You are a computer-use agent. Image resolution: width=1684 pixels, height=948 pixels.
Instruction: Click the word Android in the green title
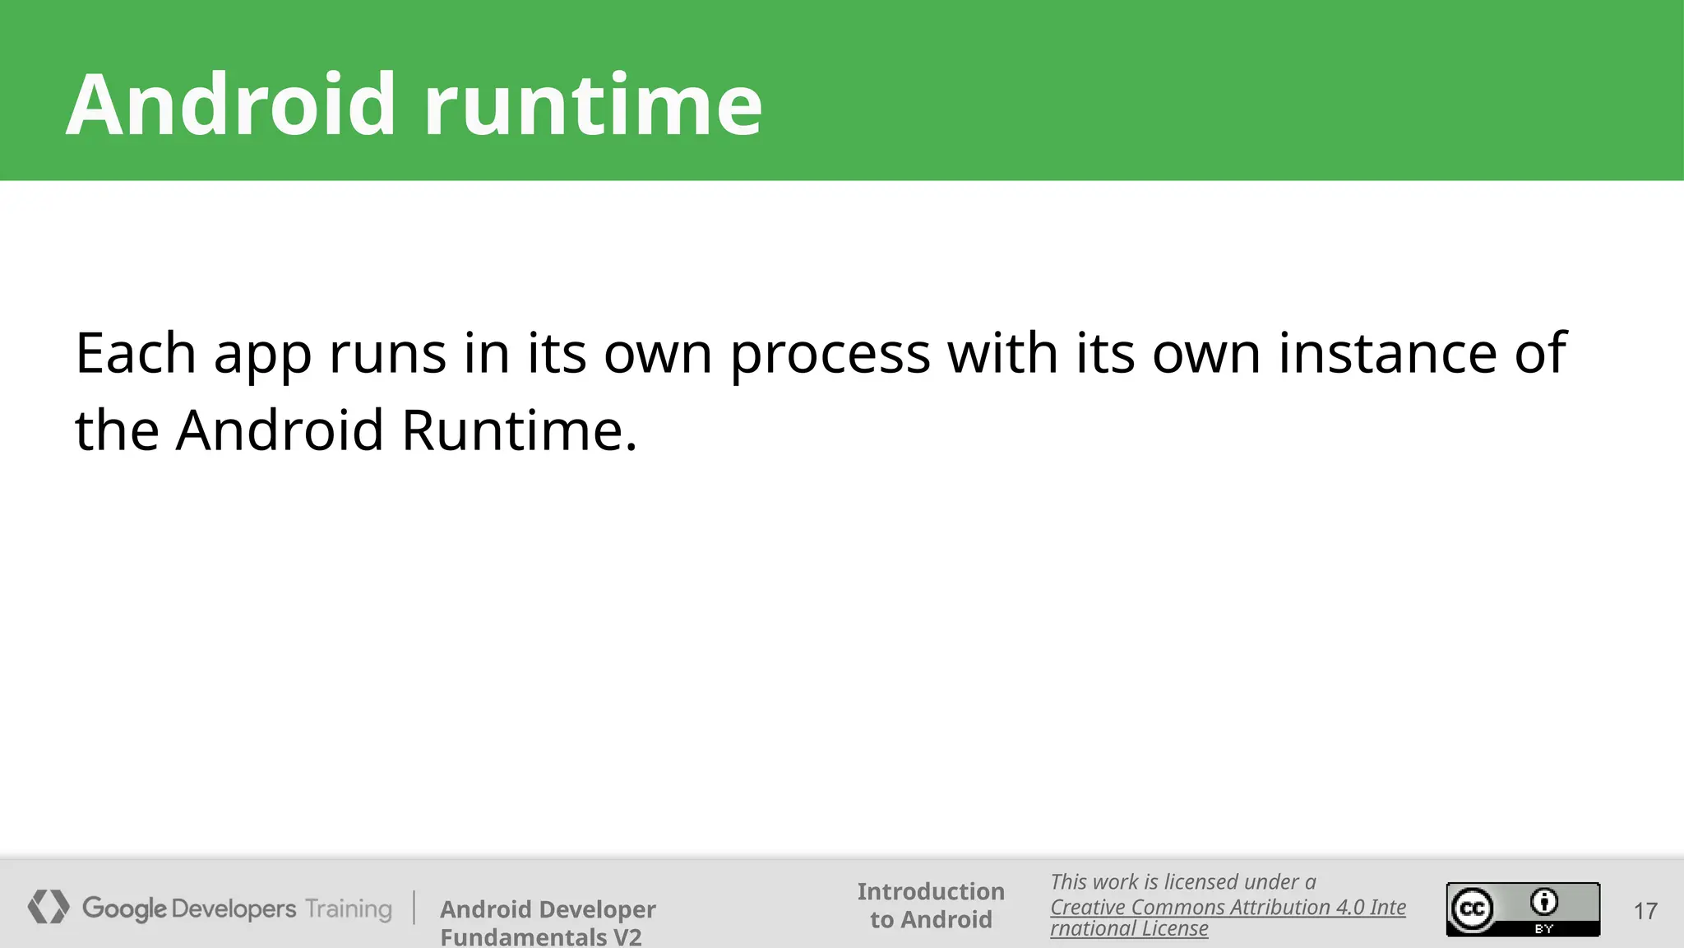[231, 105]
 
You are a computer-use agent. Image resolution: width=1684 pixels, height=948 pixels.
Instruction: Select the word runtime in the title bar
[593, 105]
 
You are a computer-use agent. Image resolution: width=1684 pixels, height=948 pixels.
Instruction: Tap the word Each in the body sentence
[136, 353]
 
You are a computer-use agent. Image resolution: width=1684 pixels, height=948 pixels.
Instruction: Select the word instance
[1387, 353]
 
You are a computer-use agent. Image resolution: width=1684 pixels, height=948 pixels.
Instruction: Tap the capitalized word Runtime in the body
[519, 430]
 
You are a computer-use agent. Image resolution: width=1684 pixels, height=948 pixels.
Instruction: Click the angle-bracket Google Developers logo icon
[49, 907]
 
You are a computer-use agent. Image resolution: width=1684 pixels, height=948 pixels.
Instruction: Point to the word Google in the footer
[124, 909]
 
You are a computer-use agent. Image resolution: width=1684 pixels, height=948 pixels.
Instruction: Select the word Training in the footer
[349, 909]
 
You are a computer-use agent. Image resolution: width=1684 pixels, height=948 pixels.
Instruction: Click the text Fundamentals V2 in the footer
[540, 936]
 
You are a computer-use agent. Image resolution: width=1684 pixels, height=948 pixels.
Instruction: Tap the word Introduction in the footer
[931, 891]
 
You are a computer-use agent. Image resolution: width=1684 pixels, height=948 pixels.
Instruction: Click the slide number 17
[1645, 911]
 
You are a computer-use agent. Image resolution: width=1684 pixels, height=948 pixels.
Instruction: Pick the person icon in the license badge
[1544, 903]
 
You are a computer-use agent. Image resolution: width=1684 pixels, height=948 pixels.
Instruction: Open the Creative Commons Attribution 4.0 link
[1227, 907]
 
